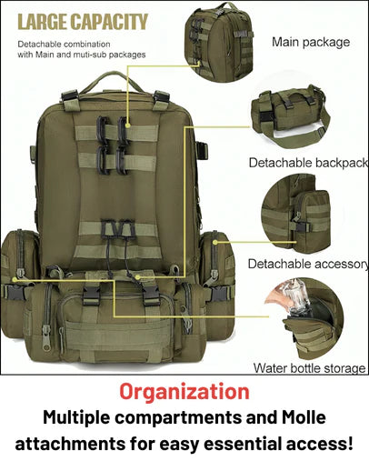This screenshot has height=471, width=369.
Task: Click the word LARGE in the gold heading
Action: [x=42, y=22]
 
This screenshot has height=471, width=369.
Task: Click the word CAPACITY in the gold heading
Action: [x=109, y=22]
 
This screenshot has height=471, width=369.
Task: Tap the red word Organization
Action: [x=184, y=392]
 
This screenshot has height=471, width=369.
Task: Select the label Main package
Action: [x=311, y=42]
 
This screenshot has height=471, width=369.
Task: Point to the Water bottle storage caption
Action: [x=309, y=368]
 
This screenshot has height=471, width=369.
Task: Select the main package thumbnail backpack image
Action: [x=219, y=42]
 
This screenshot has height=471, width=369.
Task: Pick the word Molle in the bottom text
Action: [x=304, y=417]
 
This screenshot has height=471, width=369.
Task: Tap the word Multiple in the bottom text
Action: [x=76, y=418]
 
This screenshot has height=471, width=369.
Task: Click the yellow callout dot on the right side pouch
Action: [x=215, y=243]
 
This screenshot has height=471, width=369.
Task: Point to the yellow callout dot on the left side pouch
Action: [x=15, y=279]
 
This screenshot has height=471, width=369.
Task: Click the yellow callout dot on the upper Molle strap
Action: [x=128, y=125]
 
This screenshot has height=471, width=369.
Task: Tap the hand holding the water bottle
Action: [x=278, y=298]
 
